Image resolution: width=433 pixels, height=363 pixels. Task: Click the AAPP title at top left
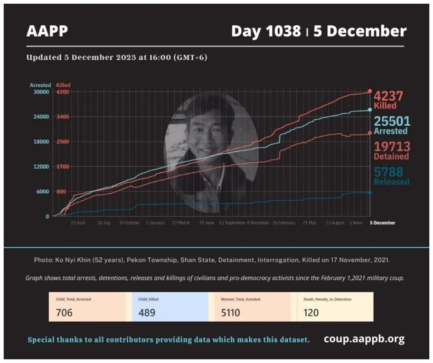click(47, 32)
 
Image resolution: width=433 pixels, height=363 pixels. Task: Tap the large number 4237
click(388, 96)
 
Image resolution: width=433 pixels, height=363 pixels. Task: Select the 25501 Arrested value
click(392, 121)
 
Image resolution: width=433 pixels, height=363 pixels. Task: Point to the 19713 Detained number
click(392, 146)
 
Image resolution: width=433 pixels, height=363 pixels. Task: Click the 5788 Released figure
click(388, 172)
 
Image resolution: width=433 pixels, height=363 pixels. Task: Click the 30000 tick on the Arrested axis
click(41, 92)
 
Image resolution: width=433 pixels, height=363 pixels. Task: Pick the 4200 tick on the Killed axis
click(63, 92)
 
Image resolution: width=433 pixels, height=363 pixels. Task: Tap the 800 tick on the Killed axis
click(61, 192)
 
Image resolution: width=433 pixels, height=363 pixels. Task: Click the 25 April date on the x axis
click(78, 223)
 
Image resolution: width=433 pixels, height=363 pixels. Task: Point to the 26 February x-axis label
click(284, 223)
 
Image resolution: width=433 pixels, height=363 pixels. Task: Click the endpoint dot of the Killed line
click(370, 91)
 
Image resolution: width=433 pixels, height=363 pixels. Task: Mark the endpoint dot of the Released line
click(370, 192)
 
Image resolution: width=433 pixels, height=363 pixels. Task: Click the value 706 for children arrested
click(64, 312)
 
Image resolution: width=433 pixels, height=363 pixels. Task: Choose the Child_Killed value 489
click(147, 312)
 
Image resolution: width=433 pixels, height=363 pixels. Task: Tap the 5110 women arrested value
click(231, 312)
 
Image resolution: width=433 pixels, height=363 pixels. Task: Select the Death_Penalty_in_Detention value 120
click(311, 312)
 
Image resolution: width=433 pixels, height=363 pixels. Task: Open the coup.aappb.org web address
click(364, 339)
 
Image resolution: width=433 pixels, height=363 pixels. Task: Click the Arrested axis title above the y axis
click(41, 85)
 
